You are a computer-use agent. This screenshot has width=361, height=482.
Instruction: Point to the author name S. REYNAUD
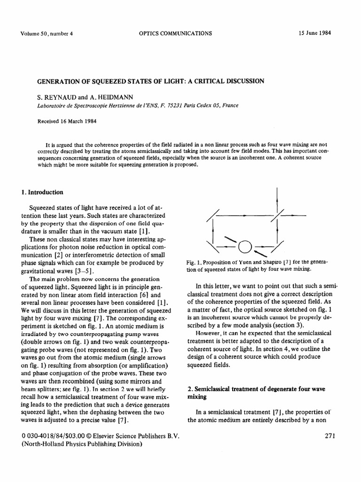point(55,97)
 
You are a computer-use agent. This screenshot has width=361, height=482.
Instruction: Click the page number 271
point(330,435)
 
